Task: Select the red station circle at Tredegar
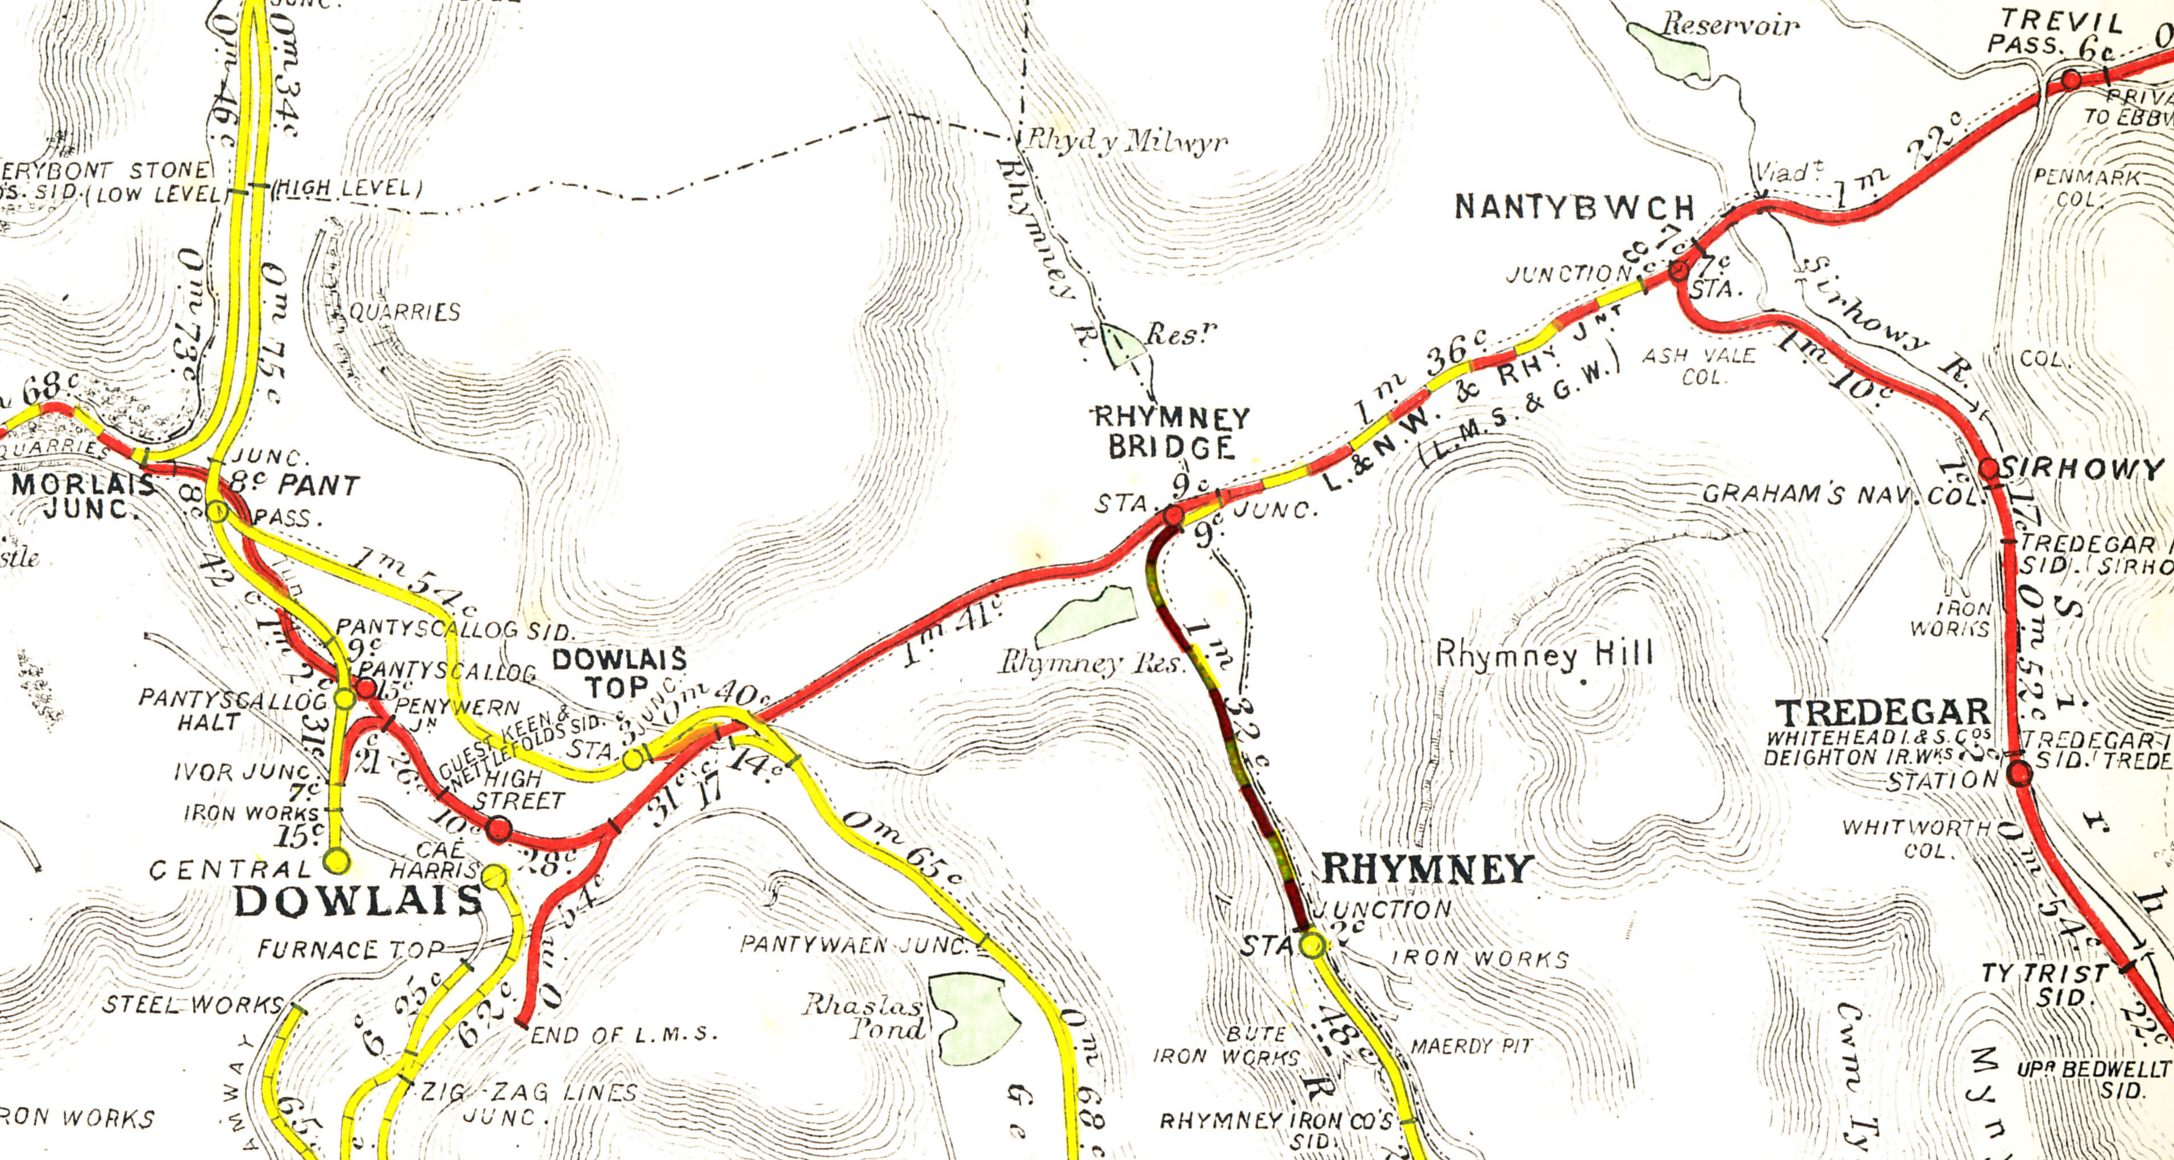2019,773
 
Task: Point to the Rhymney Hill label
1544,654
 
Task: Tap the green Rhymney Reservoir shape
1088,614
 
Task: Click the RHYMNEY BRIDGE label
1171,432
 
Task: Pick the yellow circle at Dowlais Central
336,861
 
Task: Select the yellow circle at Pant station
217,512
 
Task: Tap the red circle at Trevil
2071,80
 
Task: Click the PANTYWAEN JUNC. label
853,944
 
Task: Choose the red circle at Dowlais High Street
499,828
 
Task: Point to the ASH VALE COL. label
1698,366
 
